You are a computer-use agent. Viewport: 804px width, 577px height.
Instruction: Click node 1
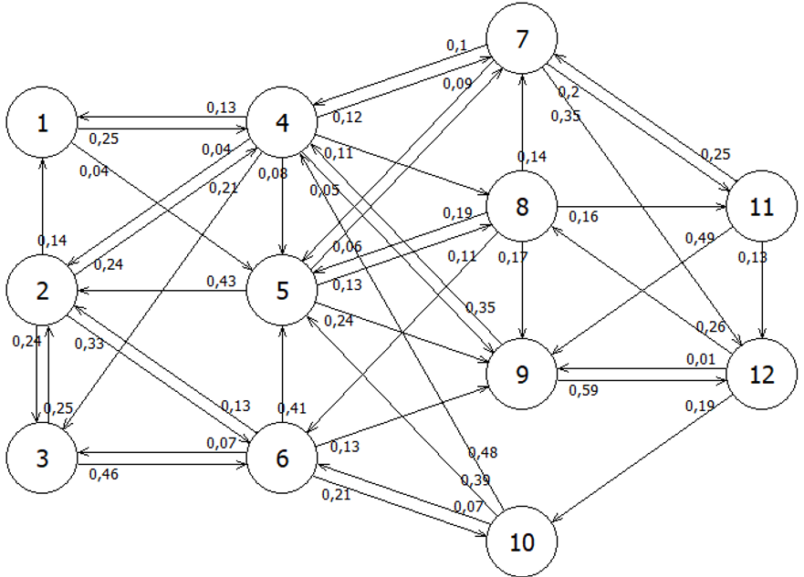(x=42, y=124)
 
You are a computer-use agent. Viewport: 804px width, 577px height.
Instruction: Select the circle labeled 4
(x=282, y=124)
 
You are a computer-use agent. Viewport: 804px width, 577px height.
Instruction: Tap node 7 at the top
(x=522, y=41)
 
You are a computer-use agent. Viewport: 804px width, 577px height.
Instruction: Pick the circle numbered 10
(x=522, y=541)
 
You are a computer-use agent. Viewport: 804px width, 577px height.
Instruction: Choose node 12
(x=760, y=374)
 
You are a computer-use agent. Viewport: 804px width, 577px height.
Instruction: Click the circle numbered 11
(x=760, y=207)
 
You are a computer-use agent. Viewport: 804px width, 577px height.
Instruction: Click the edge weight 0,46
(x=102, y=474)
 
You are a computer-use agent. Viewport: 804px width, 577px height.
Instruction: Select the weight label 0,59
(x=583, y=391)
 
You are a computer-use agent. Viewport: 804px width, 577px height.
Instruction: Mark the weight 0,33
(x=89, y=343)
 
